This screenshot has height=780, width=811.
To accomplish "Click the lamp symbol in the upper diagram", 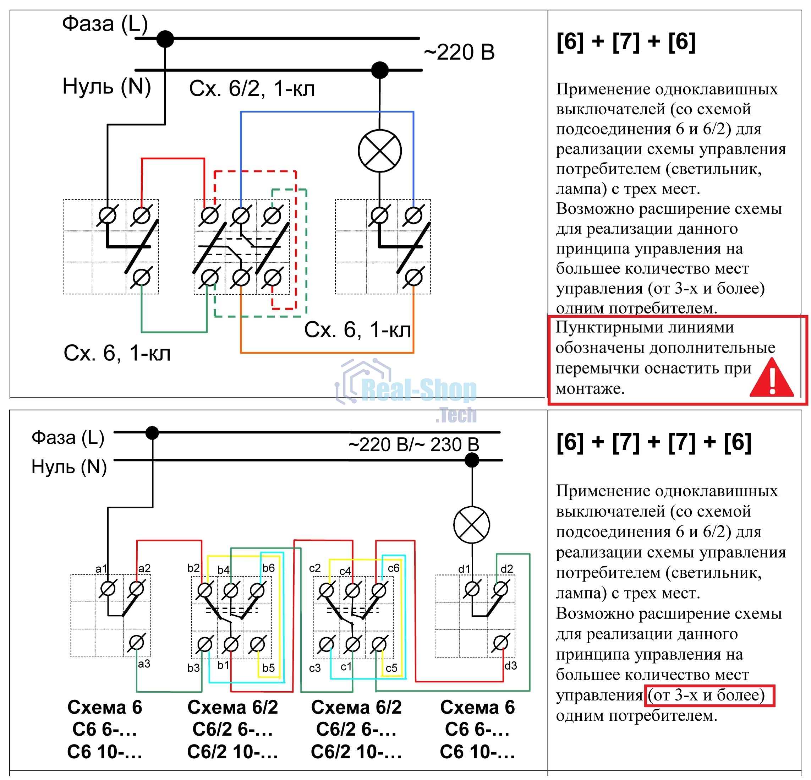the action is (x=379, y=151).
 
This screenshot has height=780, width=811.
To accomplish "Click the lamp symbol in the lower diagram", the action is (x=472, y=525).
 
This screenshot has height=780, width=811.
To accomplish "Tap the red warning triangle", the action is (x=772, y=377).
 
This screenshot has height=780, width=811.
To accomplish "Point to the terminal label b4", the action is (x=224, y=570).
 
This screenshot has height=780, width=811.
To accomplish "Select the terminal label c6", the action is (x=394, y=568).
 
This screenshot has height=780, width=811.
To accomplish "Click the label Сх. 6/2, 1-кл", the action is (x=252, y=88).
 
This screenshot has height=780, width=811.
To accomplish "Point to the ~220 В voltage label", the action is (x=459, y=52).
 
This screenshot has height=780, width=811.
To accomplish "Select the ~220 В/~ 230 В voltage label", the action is (x=414, y=444).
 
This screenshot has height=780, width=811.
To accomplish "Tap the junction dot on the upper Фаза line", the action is (x=165, y=39).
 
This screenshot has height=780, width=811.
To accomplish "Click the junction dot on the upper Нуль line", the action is (x=380, y=70).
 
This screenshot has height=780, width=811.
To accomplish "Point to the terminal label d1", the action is (x=464, y=569).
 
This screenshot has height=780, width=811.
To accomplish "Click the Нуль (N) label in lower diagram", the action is (x=69, y=467).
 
